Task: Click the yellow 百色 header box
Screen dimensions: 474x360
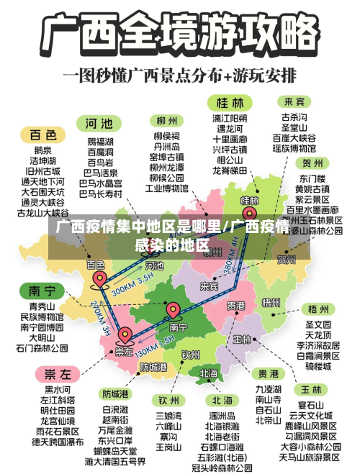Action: (42, 135)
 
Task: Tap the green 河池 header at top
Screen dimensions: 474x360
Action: (99, 122)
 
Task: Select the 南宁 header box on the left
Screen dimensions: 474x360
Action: (42, 291)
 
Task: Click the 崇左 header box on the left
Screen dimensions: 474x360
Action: (58, 375)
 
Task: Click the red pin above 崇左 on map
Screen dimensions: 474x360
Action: (125, 334)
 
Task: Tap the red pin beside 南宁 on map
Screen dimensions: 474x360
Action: (174, 311)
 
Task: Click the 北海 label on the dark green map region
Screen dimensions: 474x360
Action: (209, 373)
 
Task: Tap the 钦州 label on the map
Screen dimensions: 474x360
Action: (190, 354)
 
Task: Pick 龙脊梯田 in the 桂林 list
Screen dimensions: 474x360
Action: (230, 170)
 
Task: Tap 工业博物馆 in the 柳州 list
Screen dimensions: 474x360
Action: (167, 188)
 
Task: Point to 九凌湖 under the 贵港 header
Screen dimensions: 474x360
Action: (269, 389)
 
